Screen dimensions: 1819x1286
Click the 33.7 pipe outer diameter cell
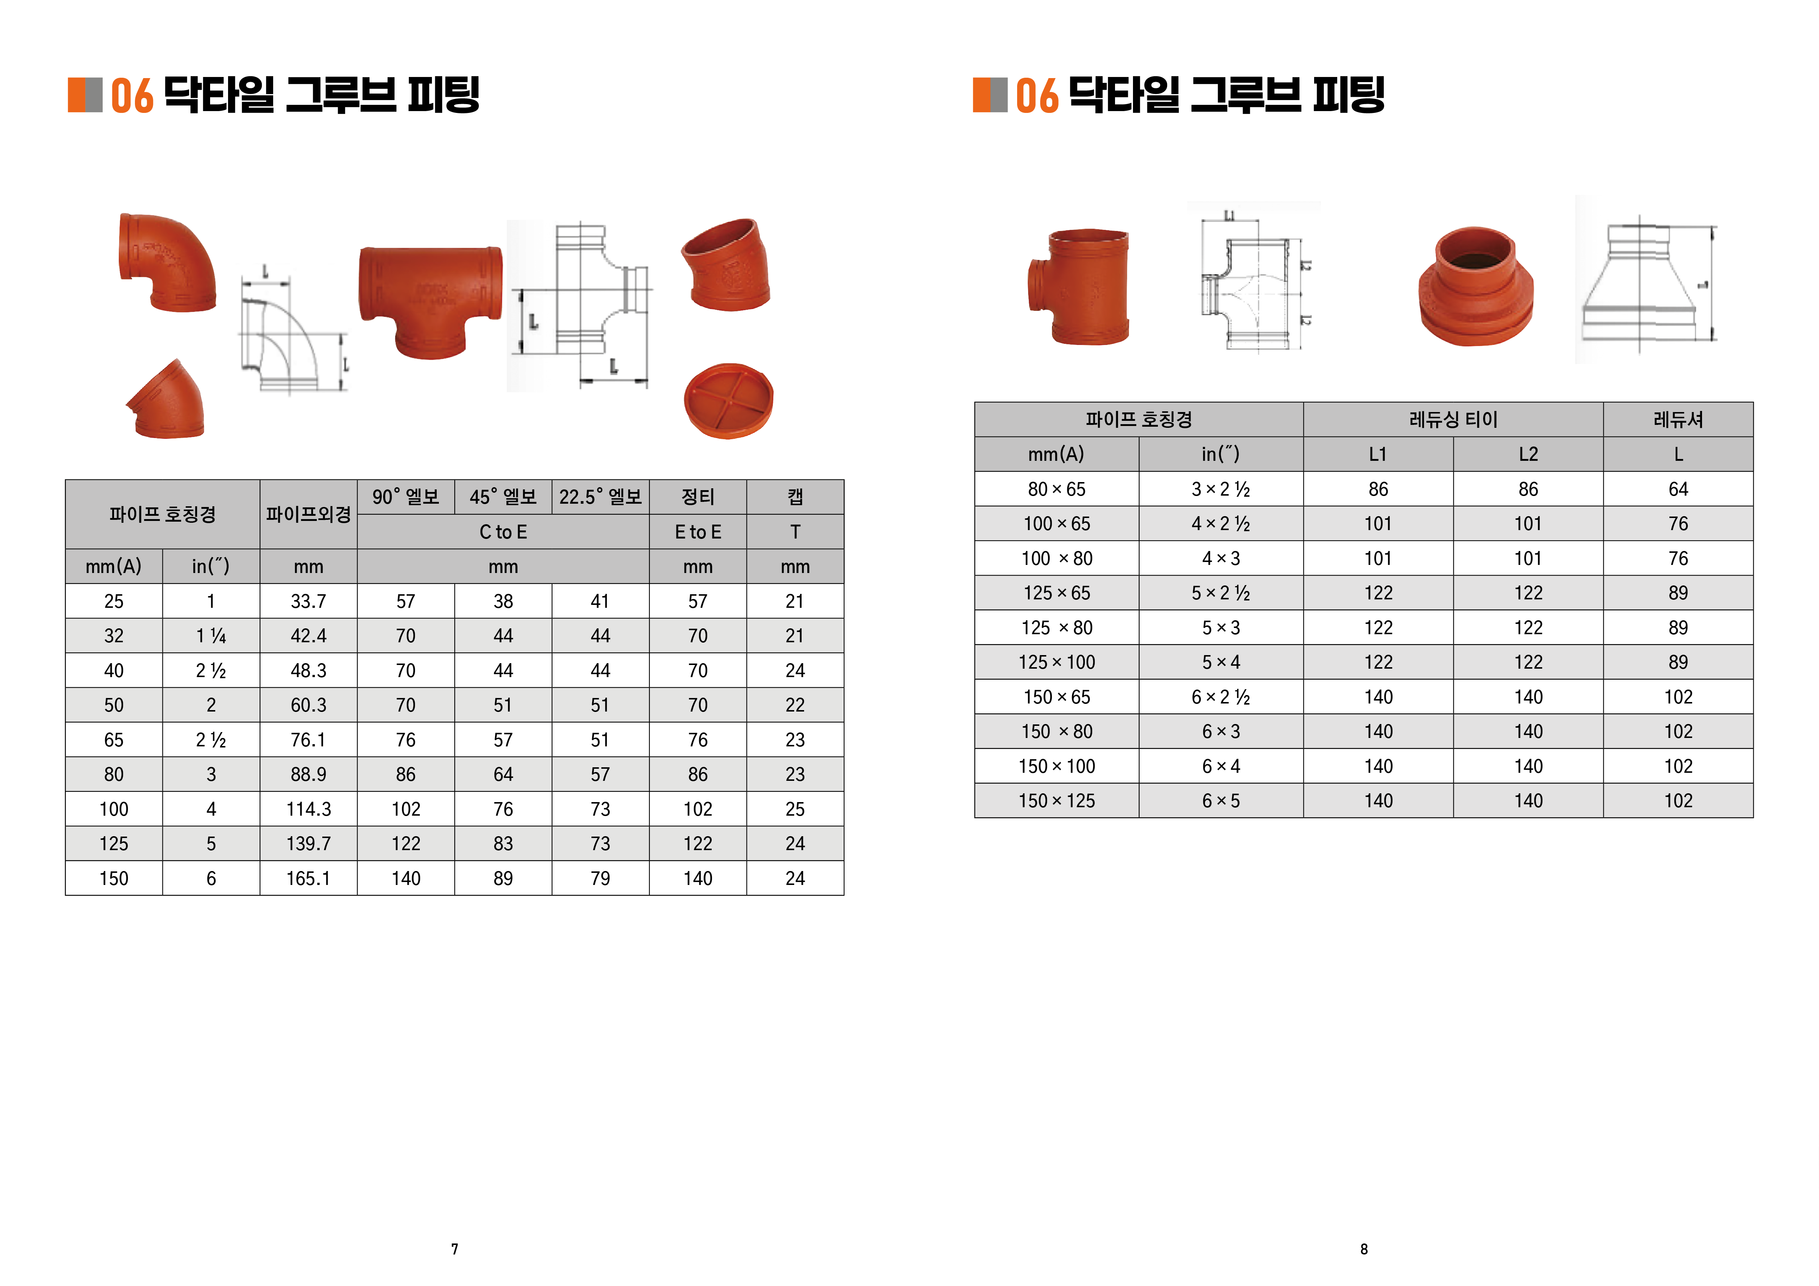pos(308,601)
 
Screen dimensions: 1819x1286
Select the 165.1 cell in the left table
pos(308,878)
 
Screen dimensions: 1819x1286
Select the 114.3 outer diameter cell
pos(308,809)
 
